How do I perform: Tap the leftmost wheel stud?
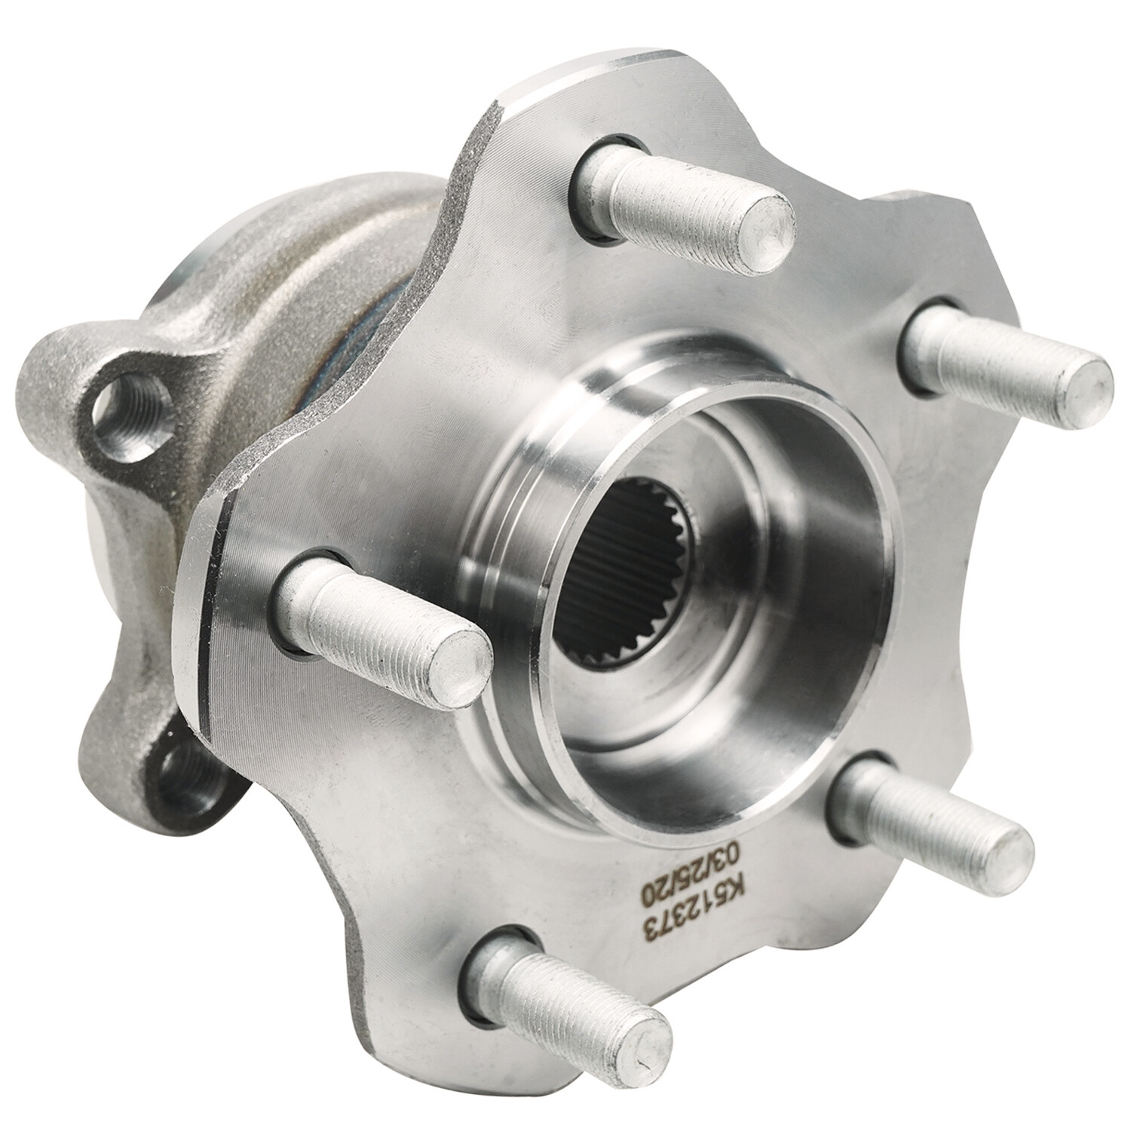click(x=377, y=618)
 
